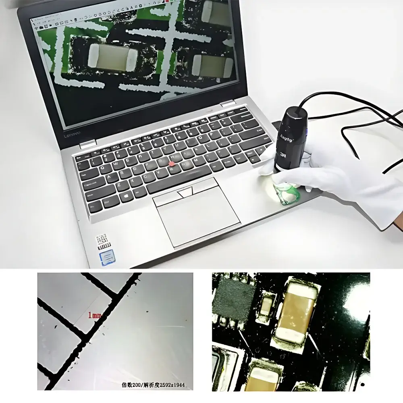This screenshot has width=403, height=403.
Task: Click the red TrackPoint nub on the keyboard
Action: tap(172, 164)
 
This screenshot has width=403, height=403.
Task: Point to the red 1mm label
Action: tap(94, 315)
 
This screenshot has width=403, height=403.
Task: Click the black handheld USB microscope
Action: tap(291, 139)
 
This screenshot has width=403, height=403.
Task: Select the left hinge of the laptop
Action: tap(87, 144)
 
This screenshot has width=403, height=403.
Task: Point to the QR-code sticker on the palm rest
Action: tap(103, 241)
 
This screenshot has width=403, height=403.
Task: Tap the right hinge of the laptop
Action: tap(228, 104)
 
